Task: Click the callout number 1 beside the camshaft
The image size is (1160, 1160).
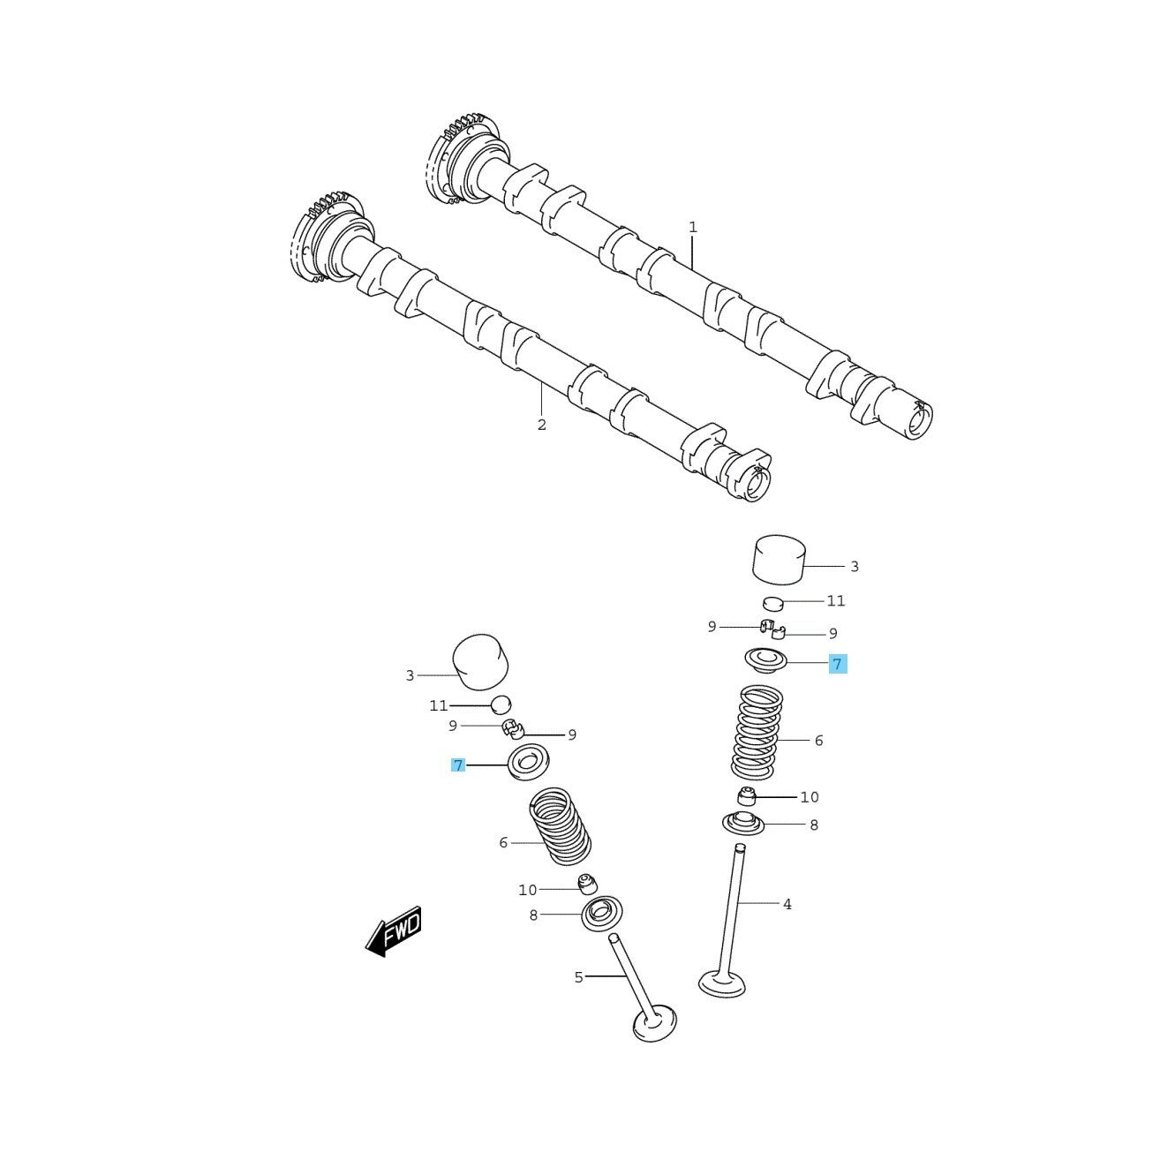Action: coord(692,228)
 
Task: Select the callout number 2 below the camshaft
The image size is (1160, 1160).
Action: coord(541,425)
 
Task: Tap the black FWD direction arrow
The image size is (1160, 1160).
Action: coord(394,932)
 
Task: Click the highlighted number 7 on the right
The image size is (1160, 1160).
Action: coord(838,664)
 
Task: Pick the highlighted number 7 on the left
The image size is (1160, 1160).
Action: coord(458,765)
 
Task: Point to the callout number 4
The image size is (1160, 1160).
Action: coord(787,904)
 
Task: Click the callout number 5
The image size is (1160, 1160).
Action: coord(578,977)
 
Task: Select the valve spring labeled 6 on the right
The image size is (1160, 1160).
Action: coord(757,733)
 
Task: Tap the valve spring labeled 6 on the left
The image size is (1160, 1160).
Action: coord(560,826)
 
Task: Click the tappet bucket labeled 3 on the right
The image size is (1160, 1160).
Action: coord(780,559)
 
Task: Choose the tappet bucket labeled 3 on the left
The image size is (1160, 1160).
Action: coord(481,664)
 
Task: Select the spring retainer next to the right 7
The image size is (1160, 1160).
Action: coord(766,659)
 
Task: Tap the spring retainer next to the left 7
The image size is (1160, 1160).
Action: coord(529,762)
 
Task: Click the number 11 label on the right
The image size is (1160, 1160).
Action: coord(835,601)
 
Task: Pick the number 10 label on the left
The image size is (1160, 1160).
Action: coord(527,890)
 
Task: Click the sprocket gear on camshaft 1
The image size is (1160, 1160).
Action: coord(463,160)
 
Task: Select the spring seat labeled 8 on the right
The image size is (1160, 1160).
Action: coord(743,824)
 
